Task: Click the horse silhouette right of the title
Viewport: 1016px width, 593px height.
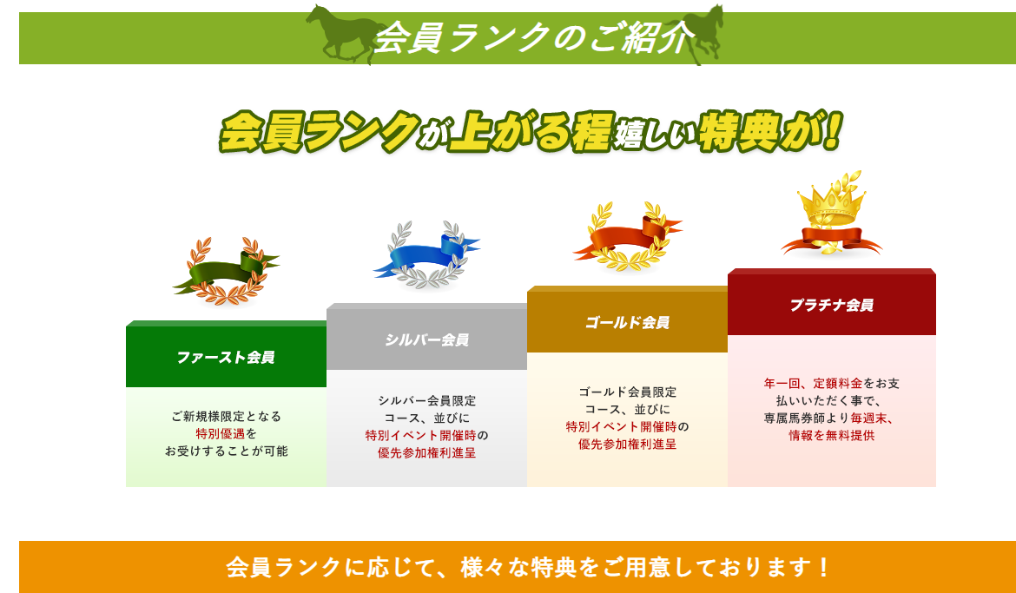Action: (x=693, y=34)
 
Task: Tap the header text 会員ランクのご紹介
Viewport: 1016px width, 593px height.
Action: (x=534, y=37)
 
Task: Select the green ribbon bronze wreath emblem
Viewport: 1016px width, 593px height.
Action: (x=226, y=270)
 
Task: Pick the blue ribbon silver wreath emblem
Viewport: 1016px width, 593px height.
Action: (x=426, y=254)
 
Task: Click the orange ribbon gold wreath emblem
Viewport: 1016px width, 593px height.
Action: (x=627, y=236)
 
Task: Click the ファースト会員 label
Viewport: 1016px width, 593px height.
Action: (x=226, y=357)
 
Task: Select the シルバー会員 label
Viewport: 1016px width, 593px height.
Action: (x=426, y=339)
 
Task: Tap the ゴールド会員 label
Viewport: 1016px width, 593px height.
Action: (x=627, y=322)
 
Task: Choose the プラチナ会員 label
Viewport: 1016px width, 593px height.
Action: (x=831, y=305)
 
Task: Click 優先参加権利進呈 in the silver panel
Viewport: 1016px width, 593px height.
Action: (x=426, y=453)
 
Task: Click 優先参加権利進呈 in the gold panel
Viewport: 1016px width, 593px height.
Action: (x=627, y=445)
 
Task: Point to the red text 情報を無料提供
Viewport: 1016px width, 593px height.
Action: (x=831, y=436)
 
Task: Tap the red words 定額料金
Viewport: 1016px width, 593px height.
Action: (x=838, y=384)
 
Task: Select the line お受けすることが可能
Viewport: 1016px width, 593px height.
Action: (x=226, y=451)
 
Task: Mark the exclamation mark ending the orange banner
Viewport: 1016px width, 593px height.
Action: (x=823, y=567)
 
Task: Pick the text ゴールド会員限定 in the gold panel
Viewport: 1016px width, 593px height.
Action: (x=627, y=392)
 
